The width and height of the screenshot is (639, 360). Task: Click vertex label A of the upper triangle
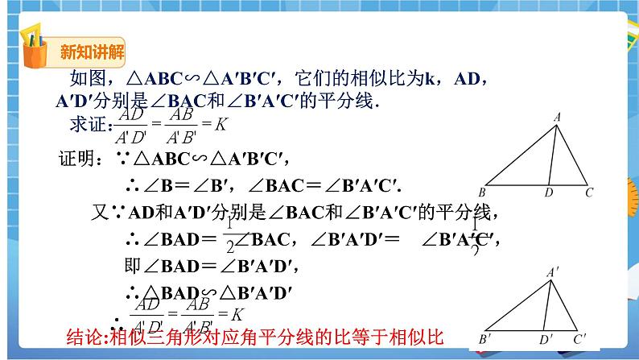pos(555,118)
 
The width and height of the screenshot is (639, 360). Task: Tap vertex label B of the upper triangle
pos(481,193)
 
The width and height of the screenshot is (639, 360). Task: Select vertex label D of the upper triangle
pos(548,193)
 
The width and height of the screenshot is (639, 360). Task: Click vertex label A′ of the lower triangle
pos(553,273)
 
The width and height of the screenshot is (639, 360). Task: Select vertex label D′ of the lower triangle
pos(546,340)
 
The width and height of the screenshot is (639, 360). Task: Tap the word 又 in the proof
pos(98,212)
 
